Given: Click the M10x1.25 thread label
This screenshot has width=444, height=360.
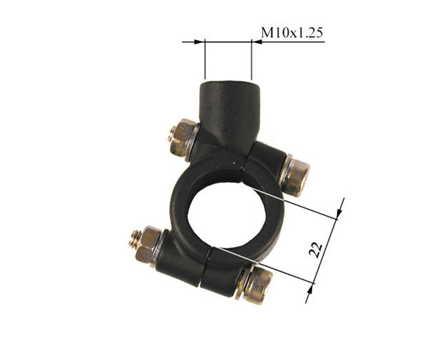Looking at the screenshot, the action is (292, 33).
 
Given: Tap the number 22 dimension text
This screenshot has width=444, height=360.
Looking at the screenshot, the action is (316, 250).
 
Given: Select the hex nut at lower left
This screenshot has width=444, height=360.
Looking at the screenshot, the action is (148, 244).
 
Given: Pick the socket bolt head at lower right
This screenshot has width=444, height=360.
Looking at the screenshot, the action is (258, 286).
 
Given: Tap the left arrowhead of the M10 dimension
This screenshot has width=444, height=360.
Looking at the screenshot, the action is (199, 42).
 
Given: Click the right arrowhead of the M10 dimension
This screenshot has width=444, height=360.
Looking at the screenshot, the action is (256, 42).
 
